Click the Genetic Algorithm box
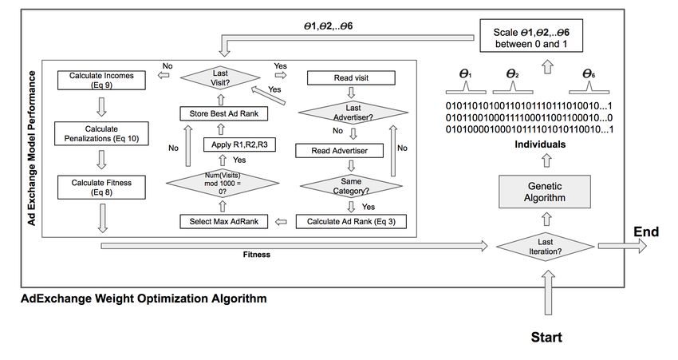click(x=544, y=192)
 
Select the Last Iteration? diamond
click(x=546, y=246)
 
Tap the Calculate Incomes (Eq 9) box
click(x=101, y=80)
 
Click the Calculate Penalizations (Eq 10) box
click(x=101, y=133)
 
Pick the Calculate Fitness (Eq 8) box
click(x=101, y=187)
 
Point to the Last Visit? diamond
click(x=220, y=78)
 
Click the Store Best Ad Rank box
click(x=224, y=114)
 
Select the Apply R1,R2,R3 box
click(x=239, y=144)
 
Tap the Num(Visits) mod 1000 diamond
click(x=223, y=183)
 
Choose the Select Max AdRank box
click(x=224, y=222)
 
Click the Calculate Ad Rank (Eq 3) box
click(x=351, y=222)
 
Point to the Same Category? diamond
click(x=351, y=186)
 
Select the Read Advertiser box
click(x=340, y=151)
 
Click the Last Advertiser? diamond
click(x=353, y=113)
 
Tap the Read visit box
click(x=351, y=78)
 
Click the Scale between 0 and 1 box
click(x=531, y=35)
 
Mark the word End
click(x=646, y=232)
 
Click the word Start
click(x=546, y=337)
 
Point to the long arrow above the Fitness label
click(x=294, y=246)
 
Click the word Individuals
click(x=540, y=144)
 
